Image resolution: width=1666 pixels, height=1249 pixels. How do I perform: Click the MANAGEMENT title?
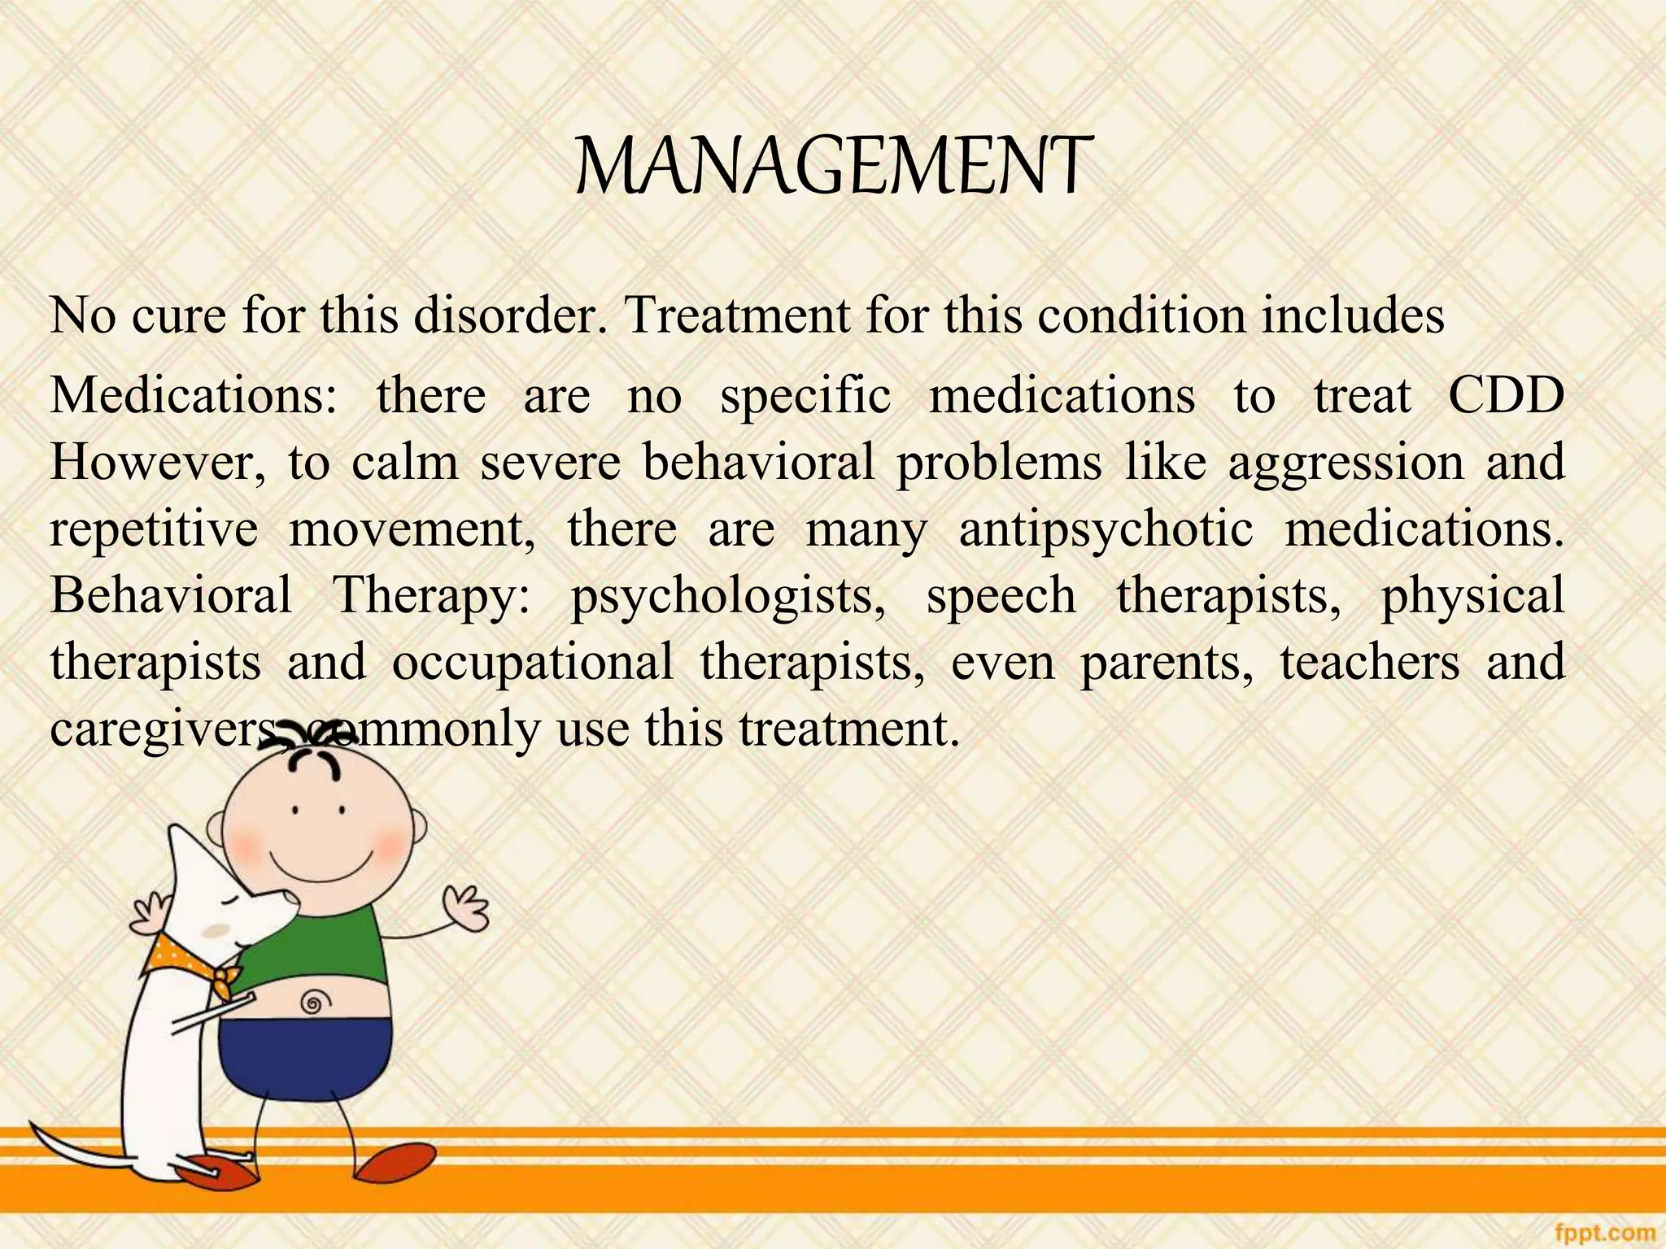(x=831, y=166)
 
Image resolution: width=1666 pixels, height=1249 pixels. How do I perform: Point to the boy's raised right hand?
(x=466, y=908)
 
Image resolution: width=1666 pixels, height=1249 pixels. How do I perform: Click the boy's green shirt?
(x=325, y=951)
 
